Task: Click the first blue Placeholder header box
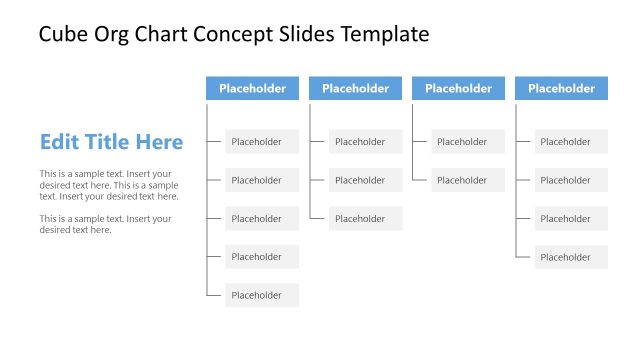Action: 252,88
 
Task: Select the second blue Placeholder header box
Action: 355,88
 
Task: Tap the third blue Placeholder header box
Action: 458,88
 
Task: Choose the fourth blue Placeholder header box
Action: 561,88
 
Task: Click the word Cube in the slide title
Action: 61,35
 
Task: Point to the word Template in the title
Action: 385,35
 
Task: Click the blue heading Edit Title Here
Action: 111,142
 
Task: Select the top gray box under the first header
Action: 262,142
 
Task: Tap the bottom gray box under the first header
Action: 262,295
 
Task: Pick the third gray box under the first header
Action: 262,218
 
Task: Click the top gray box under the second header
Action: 365,142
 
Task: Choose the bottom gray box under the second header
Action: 365,218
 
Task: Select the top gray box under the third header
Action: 468,142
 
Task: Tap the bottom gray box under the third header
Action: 468,180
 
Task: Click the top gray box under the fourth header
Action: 571,142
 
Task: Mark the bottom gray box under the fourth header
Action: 571,257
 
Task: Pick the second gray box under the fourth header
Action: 571,180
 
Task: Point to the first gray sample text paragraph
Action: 109,185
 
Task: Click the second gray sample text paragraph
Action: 105,224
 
